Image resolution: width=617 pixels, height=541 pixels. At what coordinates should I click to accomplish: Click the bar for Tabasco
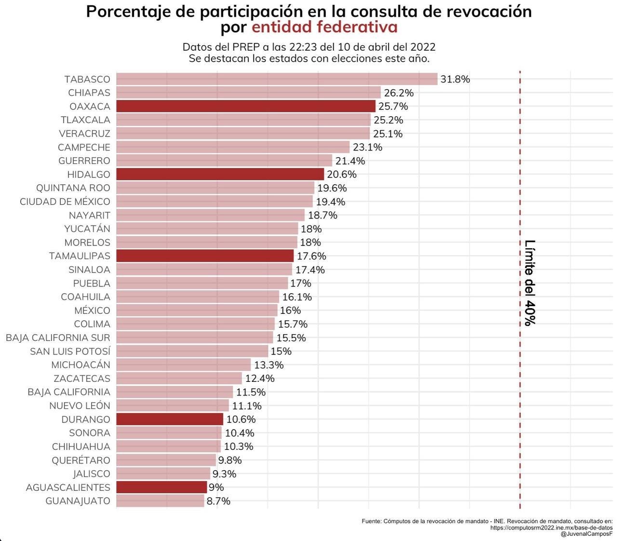[277, 79]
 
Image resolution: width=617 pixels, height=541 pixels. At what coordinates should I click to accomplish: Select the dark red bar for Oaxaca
[246, 106]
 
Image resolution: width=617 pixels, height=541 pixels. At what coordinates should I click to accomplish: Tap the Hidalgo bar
[220, 174]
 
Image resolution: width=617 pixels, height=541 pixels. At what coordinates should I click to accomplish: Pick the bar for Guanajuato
[160, 501]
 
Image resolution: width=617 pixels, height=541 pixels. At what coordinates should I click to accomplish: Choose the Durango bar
[170, 419]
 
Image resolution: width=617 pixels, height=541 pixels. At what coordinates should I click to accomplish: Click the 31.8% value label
[455, 79]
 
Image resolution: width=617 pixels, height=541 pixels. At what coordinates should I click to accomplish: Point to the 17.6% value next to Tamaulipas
[311, 256]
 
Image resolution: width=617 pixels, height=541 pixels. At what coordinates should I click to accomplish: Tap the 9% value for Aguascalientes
[216, 487]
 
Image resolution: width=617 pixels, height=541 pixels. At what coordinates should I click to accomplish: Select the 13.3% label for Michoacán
[268, 365]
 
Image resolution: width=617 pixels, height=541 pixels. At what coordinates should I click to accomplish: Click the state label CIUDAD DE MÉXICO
[65, 202]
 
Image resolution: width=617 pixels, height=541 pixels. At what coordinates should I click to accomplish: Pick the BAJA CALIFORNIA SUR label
[58, 338]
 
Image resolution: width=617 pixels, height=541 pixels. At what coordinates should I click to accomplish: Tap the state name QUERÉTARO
[81, 460]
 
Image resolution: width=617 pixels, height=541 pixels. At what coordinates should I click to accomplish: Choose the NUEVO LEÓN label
[80, 406]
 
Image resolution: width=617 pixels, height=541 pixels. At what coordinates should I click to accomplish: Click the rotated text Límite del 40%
[530, 283]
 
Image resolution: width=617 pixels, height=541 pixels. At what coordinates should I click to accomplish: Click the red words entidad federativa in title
[324, 27]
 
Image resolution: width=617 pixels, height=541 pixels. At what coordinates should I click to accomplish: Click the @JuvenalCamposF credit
[587, 534]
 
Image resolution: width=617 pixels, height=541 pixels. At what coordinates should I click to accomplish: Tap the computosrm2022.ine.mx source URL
[551, 527]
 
